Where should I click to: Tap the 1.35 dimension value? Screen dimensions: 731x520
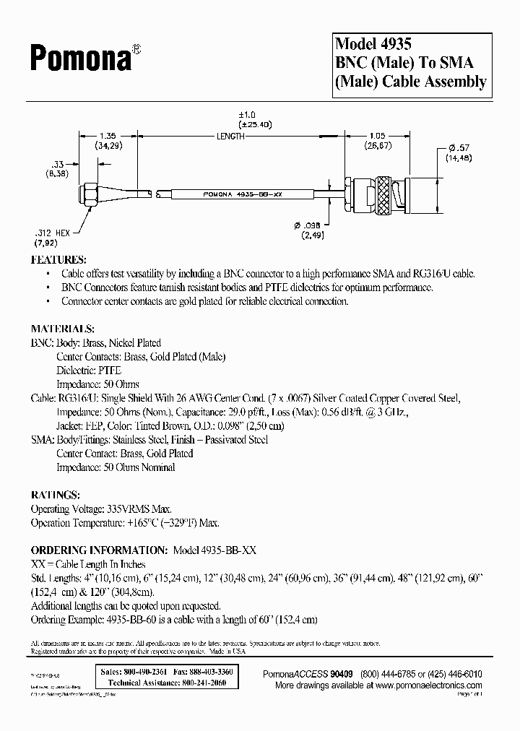click(x=106, y=134)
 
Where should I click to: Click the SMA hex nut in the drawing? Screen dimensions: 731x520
click(x=91, y=193)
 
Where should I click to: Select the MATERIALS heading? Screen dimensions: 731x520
click(x=63, y=329)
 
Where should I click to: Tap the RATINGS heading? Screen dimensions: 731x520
click(x=55, y=496)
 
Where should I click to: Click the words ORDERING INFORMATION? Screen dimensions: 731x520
click(x=99, y=550)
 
